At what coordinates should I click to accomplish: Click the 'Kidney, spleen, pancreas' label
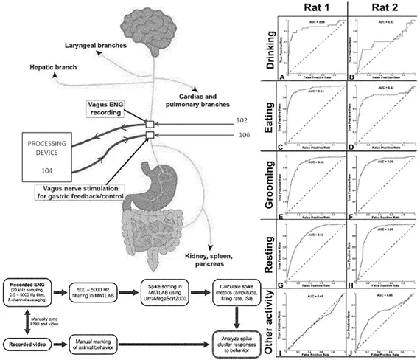214,258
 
